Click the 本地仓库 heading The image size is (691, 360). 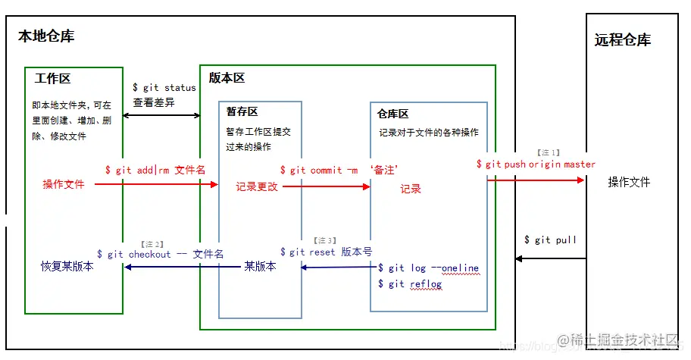pos(46,36)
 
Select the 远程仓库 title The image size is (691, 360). pos(622,40)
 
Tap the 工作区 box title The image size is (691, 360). pos(52,78)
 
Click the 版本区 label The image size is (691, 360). pos(227,78)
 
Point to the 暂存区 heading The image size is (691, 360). pos(242,111)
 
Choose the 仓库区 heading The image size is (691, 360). pos(392,114)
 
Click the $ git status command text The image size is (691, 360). pos(164,88)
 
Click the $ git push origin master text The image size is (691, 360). pos(536,164)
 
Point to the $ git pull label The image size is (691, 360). pos(550,240)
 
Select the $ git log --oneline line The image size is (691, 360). pos(428,268)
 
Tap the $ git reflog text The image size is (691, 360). pos(409,284)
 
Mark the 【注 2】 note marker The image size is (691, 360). pos(152,243)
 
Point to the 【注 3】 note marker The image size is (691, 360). pos(324,240)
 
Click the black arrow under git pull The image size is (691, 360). pos(550,258)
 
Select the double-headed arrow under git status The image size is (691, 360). pos(161,116)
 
